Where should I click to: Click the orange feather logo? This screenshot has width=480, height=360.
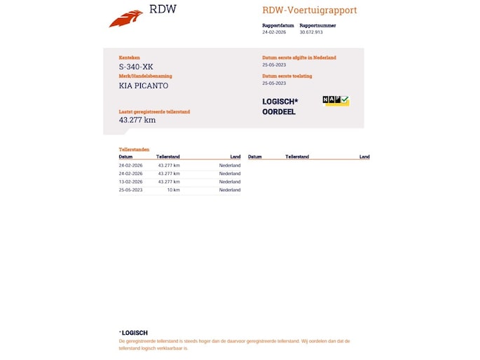click(125, 18)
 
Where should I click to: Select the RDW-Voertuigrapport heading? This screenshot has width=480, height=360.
click(309, 11)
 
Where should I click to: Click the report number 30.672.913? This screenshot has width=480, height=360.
click(311, 32)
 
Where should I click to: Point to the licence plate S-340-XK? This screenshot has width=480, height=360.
click(136, 67)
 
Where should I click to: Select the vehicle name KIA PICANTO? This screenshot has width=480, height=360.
click(144, 85)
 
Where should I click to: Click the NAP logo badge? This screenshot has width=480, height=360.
click(336, 101)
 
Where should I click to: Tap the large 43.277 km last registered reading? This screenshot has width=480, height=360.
click(137, 120)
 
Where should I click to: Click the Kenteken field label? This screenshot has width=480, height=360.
click(130, 57)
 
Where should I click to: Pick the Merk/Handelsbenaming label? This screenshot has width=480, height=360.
click(145, 76)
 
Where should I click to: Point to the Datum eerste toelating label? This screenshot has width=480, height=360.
click(287, 76)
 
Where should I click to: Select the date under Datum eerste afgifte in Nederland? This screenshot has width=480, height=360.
click(273, 65)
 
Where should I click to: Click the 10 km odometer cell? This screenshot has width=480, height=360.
click(173, 190)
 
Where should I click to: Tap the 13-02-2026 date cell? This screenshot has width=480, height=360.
click(131, 181)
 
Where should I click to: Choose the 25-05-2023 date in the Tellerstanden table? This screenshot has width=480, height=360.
click(131, 190)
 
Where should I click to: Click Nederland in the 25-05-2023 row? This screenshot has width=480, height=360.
click(230, 190)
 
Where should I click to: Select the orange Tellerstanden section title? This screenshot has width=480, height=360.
click(134, 150)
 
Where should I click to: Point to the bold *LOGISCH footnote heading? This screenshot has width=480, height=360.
click(133, 333)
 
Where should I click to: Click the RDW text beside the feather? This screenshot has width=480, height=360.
click(163, 10)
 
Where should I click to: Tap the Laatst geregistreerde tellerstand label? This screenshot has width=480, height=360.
click(154, 111)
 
